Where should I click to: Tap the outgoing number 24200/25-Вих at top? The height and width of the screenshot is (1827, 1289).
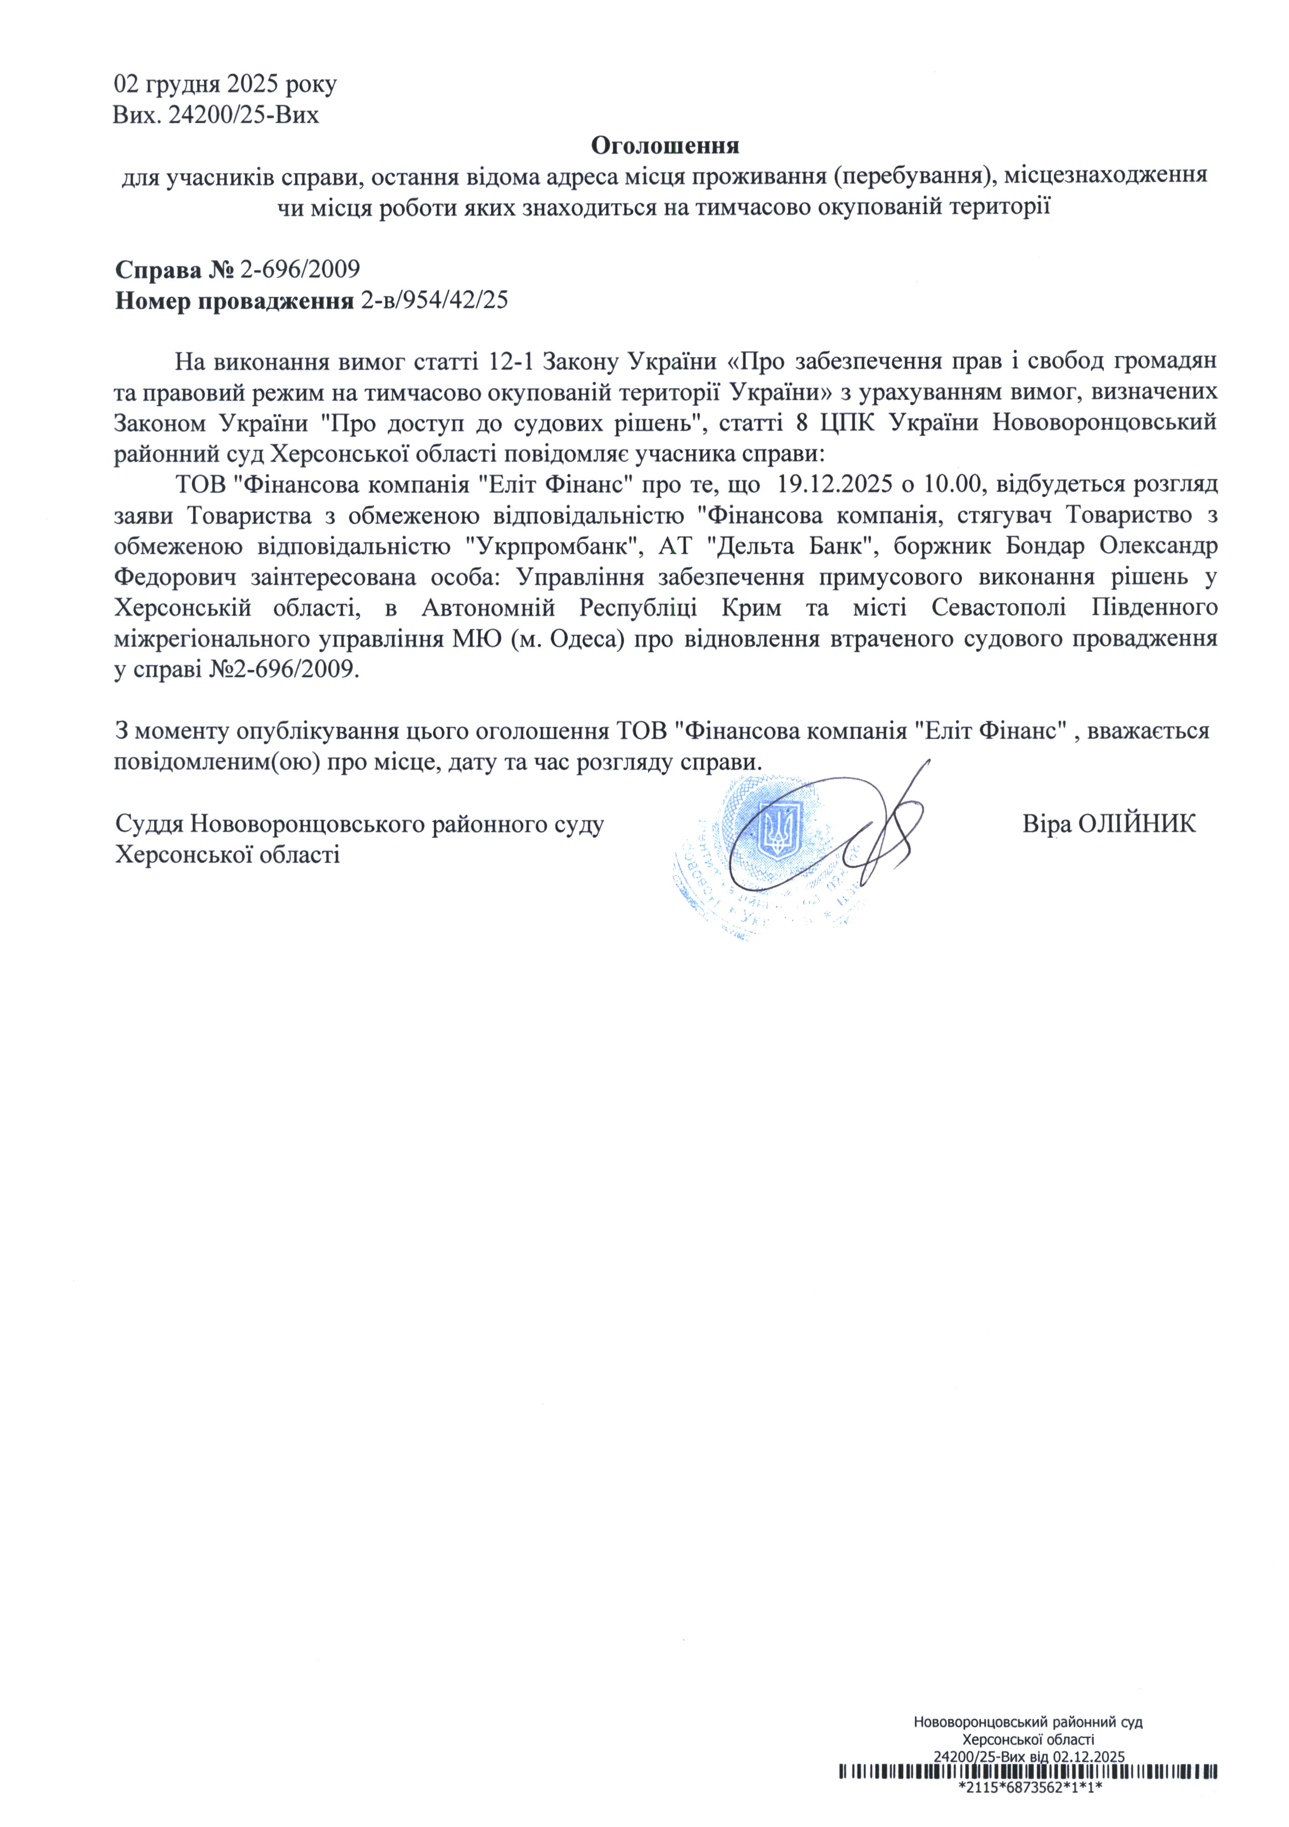coord(245,116)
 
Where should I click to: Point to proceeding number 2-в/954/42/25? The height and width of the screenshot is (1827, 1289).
coord(434,301)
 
